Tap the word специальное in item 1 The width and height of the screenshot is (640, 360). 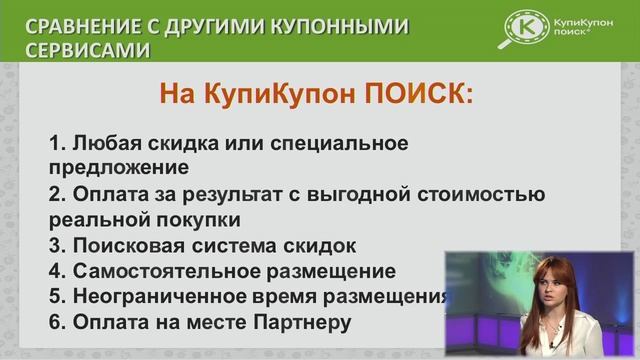[x=339, y=144]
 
